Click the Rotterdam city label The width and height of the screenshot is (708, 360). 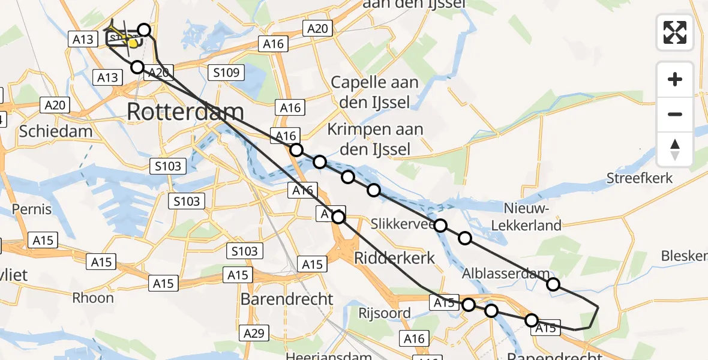tap(185, 112)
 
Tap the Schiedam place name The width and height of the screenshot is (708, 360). tap(56, 131)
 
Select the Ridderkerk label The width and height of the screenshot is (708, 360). tap(394, 258)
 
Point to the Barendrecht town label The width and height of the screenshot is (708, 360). tap(287, 299)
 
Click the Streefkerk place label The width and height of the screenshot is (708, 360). tap(640, 178)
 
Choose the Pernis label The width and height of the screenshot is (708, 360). tap(31, 210)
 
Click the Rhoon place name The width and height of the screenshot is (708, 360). tap(92, 298)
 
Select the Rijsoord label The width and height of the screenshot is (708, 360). tap(385, 313)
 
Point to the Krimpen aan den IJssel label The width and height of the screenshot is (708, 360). tap(375, 139)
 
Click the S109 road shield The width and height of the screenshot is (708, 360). tap(226, 73)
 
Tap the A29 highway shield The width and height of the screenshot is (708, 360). tap(254, 332)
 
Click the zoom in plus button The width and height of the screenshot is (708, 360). tap(675, 79)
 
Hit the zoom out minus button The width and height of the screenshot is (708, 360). tap(675, 114)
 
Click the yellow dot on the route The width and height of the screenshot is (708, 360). tap(133, 43)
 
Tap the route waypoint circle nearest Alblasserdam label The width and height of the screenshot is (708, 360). tap(553, 284)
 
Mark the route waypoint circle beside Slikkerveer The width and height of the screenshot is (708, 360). tap(440, 226)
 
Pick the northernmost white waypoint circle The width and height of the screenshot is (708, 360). tap(144, 29)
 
